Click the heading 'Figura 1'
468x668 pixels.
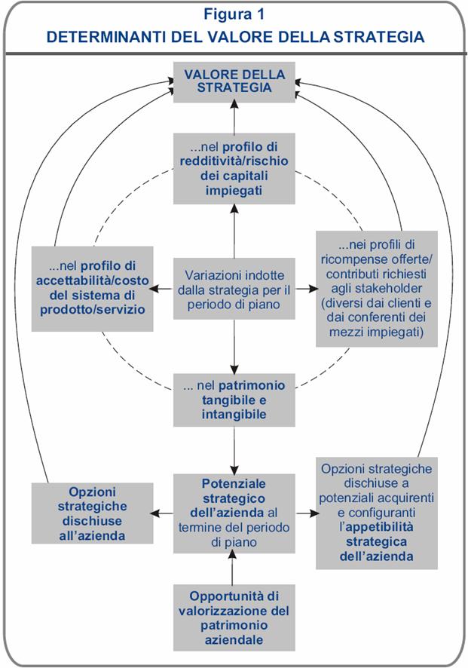point(234,14)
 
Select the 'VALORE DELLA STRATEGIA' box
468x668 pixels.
point(234,82)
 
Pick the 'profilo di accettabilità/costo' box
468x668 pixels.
point(93,288)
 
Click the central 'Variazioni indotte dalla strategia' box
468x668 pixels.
point(234,289)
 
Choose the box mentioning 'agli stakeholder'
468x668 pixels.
point(376,288)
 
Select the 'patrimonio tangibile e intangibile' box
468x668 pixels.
point(234,400)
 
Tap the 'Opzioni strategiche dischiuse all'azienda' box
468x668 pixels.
point(93,513)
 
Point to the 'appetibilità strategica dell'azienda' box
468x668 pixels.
point(376,513)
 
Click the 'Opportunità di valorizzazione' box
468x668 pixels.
point(234,616)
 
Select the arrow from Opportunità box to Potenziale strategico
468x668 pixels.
point(234,566)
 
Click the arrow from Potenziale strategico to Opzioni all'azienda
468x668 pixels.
point(164,513)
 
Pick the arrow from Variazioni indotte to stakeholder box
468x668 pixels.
point(304,289)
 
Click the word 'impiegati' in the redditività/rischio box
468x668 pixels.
point(234,192)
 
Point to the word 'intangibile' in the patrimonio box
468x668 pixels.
point(234,414)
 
